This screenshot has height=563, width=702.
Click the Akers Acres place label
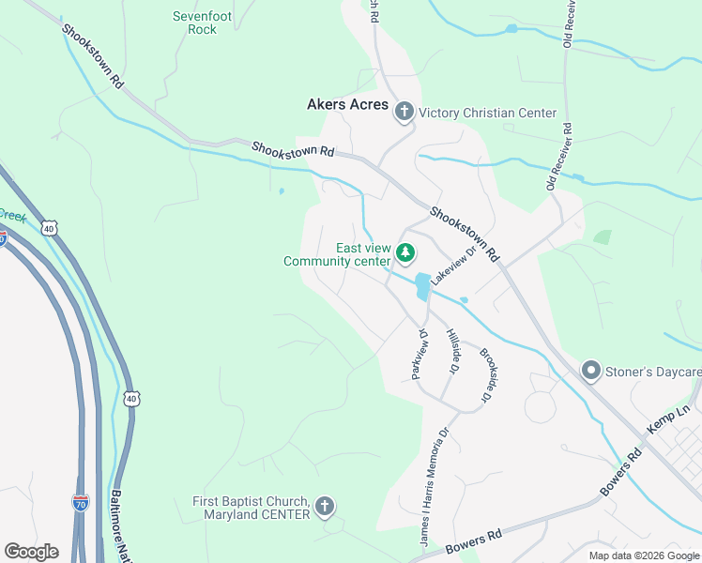click(347, 105)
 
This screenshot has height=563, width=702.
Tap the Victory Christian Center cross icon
click(404, 114)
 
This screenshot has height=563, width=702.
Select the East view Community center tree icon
click(405, 252)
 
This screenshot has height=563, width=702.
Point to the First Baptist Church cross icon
click(325, 508)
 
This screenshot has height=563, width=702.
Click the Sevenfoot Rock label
click(195, 23)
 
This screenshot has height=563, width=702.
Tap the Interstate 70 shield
click(82, 505)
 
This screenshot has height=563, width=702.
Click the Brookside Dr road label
click(486, 376)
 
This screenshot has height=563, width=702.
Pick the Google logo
click(31, 552)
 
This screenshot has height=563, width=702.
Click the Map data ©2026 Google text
click(643, 555)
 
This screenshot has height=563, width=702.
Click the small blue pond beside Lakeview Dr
click(422, 285)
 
